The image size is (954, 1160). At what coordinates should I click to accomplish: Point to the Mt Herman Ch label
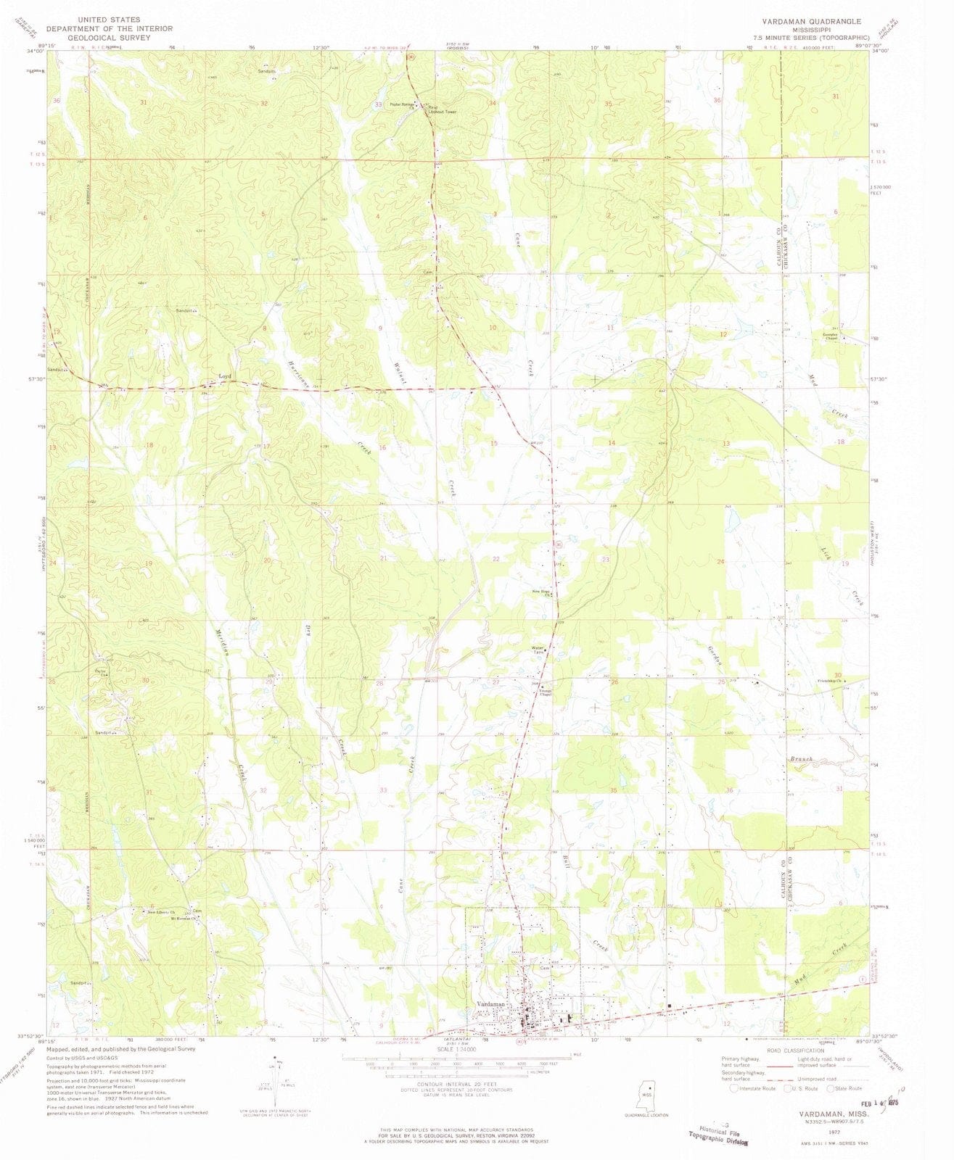pyautogui.click(x=184, y=917)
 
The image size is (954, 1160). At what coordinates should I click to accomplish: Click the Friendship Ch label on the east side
pyautogui.click(x=828, y=681)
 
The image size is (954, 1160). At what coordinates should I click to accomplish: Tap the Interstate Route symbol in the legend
pyautogui.click(x=736, y=1087)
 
